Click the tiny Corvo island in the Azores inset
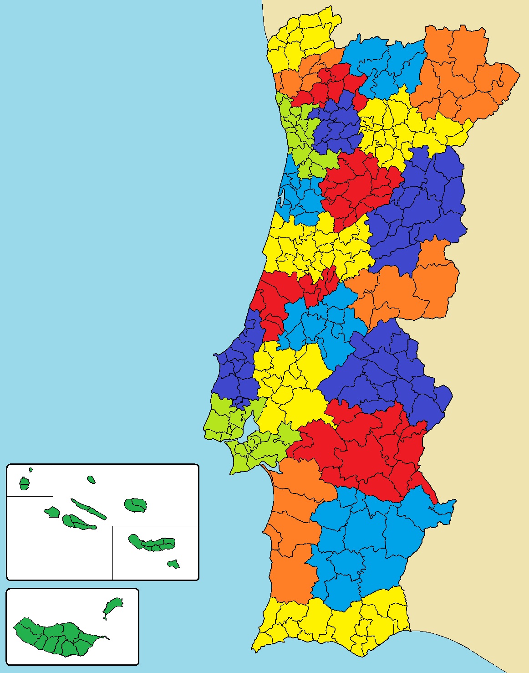click(31, 469)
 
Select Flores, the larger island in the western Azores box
click(24, 483)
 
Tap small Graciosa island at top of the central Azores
click(91, 479)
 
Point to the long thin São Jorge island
click(89, 509)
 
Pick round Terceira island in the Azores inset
click(136, 504)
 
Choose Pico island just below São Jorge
click(77, 522)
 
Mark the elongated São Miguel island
click(153, 543)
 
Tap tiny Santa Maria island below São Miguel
click(173, 564)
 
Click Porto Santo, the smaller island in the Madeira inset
click(112, 606)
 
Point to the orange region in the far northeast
click(460, 77)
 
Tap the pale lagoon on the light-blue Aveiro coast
click(283, 197)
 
